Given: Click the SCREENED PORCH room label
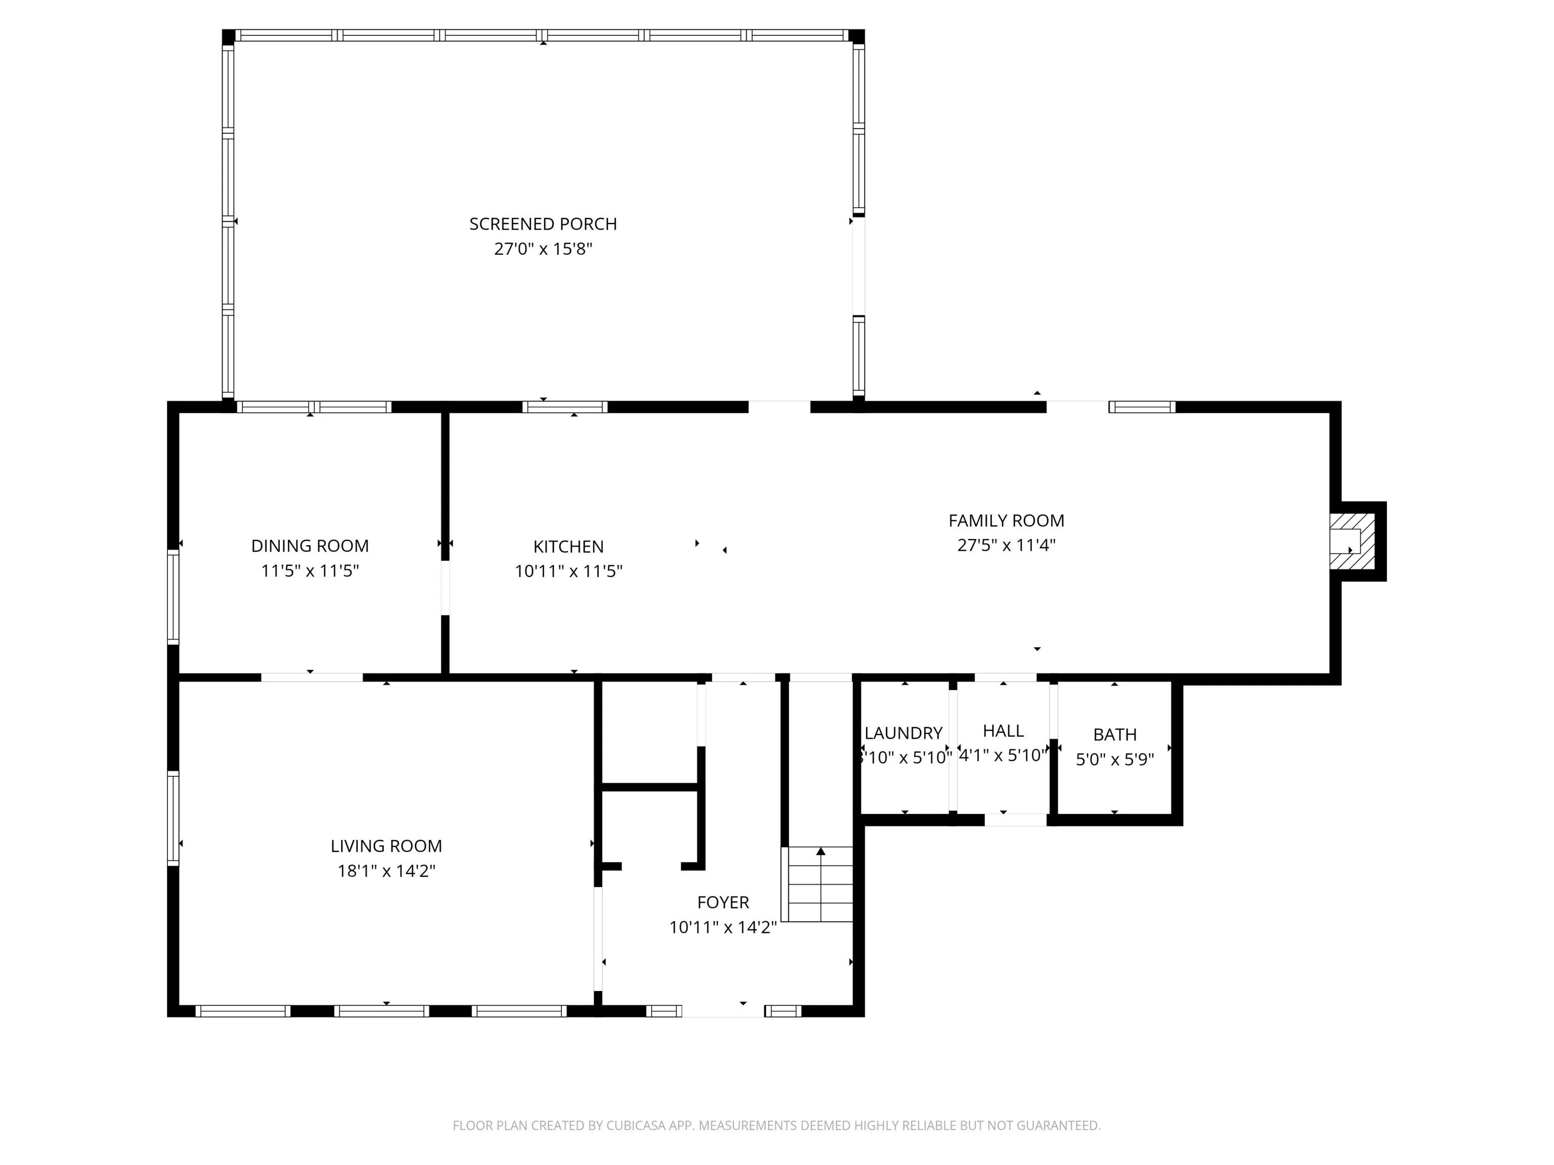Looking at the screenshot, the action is (543, 224).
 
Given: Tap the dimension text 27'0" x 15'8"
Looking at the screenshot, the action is (543, 249).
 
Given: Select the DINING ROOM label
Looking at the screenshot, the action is (310, 546).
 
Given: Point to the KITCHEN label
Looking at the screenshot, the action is (569, 546).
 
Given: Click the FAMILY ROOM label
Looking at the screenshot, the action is (1006, 520).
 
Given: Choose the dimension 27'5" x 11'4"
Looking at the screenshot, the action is (1006, 545).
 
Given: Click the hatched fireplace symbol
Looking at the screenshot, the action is (1352, 542).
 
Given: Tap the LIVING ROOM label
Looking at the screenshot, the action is (386, 846).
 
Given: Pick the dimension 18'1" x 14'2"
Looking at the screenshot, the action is (386, 871).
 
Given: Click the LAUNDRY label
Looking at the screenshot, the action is (903, 733).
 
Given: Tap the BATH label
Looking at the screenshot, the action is (1115, 735).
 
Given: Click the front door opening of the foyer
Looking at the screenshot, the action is (723, 1011).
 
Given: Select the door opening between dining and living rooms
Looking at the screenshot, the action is (312, 678).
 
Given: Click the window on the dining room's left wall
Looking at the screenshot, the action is (173, 597).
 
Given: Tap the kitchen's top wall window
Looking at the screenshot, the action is (565, 407).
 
